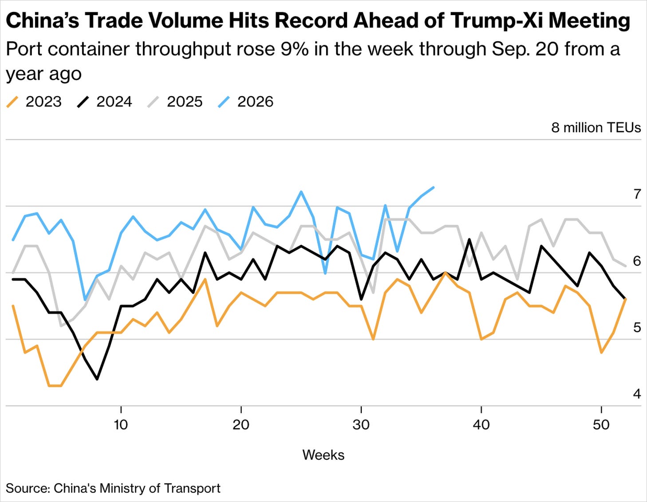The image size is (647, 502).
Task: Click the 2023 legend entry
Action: click(34, 102)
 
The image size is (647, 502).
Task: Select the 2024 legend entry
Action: click(105, 102)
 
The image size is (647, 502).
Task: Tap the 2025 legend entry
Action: click(175, 102)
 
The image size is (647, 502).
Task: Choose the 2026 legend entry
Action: click(246, 102)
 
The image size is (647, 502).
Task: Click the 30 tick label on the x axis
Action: click(361, 425)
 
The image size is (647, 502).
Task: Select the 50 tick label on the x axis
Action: click(601, 425)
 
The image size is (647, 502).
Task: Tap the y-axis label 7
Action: click(637, 194)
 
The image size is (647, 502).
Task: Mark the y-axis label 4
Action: click(637, 394)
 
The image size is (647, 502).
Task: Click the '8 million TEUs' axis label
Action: click(596, 128)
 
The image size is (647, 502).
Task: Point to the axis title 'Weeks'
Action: click(323, 455)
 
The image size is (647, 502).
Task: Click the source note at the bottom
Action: click(113, 488)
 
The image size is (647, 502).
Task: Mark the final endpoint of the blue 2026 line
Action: click(434, 187)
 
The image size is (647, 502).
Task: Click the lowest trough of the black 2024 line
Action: click(97, 379)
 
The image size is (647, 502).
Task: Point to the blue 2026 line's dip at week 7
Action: click(85, 300)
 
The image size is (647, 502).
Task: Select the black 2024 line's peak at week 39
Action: click(469, 239)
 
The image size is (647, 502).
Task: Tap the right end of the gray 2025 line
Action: click(626, 266)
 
